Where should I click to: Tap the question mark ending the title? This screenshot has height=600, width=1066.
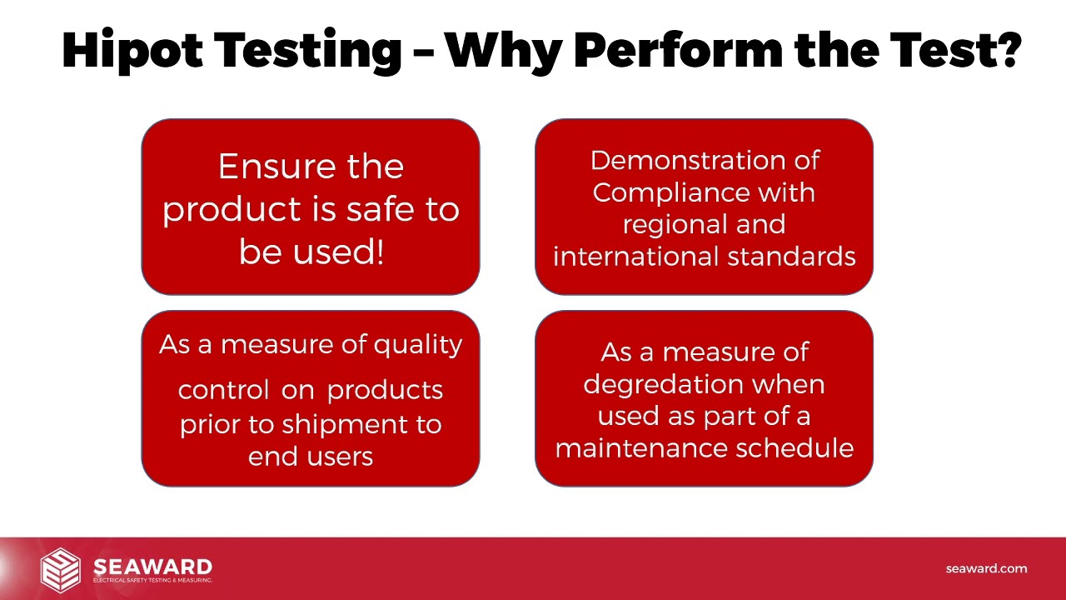[1007, 50]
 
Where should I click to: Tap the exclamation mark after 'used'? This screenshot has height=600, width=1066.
[380, 251]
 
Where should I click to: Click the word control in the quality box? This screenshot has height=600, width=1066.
[223, 390]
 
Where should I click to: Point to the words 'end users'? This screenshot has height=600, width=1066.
[311, 456]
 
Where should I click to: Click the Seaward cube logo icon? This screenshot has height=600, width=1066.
[61, 568]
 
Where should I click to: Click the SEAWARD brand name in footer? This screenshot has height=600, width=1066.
[152, 567]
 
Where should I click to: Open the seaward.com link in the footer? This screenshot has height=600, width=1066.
[986, 568]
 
